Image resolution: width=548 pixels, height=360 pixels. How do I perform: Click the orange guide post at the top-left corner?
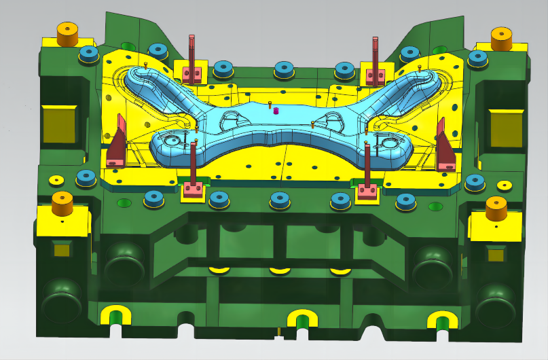click(68, 35)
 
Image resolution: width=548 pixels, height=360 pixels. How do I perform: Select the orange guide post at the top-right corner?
click(500, 38)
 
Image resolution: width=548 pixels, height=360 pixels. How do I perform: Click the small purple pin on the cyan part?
click(276, 111)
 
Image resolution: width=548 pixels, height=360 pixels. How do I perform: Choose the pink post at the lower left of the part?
click(194, 168)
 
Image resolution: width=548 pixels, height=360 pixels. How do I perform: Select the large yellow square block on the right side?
click(506, 128)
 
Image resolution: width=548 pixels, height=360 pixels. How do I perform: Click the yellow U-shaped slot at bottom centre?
click(302, 318)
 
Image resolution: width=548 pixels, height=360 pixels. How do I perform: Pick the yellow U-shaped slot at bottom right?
click(442, 320)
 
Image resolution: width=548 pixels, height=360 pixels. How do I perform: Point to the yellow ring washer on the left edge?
click(56, 180)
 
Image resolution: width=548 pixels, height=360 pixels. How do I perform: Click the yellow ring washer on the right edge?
click(504, 185)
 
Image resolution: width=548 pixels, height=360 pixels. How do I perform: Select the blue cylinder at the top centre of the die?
click(284, 69)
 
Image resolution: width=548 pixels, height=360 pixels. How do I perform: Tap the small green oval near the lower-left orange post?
click(124, 202)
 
